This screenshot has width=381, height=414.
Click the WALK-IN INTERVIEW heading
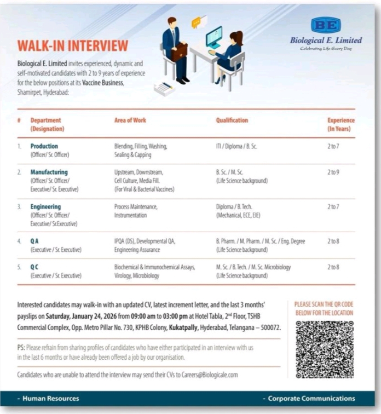72,45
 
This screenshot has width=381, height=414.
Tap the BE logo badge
326,25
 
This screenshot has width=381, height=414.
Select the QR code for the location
325,350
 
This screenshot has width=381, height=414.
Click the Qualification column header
232,120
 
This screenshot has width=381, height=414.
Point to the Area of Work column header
130,120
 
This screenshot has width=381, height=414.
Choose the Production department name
44,146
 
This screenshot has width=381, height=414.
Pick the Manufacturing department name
49,172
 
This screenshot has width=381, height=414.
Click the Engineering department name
45,206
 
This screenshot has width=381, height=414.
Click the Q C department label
36,267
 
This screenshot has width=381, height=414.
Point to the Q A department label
36,241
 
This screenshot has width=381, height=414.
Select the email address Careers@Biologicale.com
204,375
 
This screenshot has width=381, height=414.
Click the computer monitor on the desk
214,37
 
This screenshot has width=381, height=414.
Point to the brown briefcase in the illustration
179,53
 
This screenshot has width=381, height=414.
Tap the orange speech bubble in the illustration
195,22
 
